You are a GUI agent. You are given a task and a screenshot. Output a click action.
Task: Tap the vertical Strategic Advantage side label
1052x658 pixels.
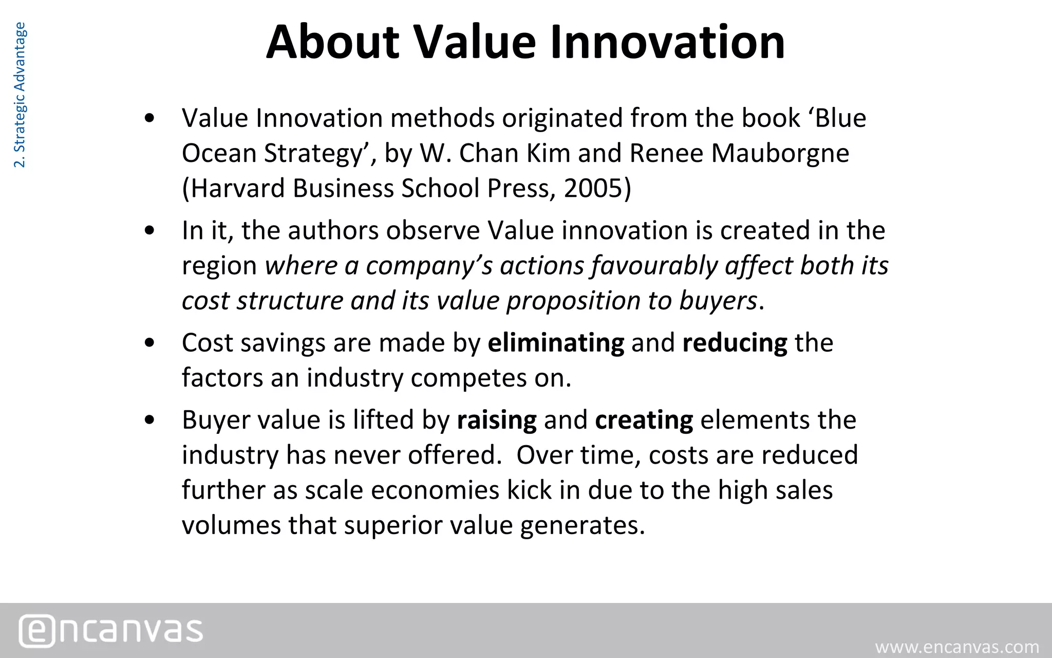coord(20,95)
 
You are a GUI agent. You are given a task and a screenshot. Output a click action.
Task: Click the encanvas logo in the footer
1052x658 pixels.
coord(111,631)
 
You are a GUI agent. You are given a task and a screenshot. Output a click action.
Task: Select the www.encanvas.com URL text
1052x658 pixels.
coord(957,647)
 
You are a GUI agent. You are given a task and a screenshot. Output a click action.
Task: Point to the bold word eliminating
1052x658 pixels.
coord(556,343)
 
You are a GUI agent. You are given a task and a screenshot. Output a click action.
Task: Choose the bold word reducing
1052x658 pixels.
coord(735,343)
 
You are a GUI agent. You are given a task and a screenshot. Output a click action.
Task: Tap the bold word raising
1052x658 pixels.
coord(497,420)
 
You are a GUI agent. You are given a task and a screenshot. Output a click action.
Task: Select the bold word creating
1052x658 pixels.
coord(644,420)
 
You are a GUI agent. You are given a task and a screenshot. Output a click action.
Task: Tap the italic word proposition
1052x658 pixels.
coord(573,301)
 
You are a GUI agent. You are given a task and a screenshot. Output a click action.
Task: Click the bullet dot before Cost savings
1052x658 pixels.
coord(149,343)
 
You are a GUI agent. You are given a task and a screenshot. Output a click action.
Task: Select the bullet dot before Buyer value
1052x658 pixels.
coord(149,420)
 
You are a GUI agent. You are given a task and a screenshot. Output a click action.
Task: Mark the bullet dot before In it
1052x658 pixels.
coord(149,231)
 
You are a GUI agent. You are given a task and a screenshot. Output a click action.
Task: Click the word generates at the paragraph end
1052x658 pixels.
coord(581,525)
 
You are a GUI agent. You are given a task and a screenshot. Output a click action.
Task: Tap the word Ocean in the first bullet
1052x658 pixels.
coord(219,153)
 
